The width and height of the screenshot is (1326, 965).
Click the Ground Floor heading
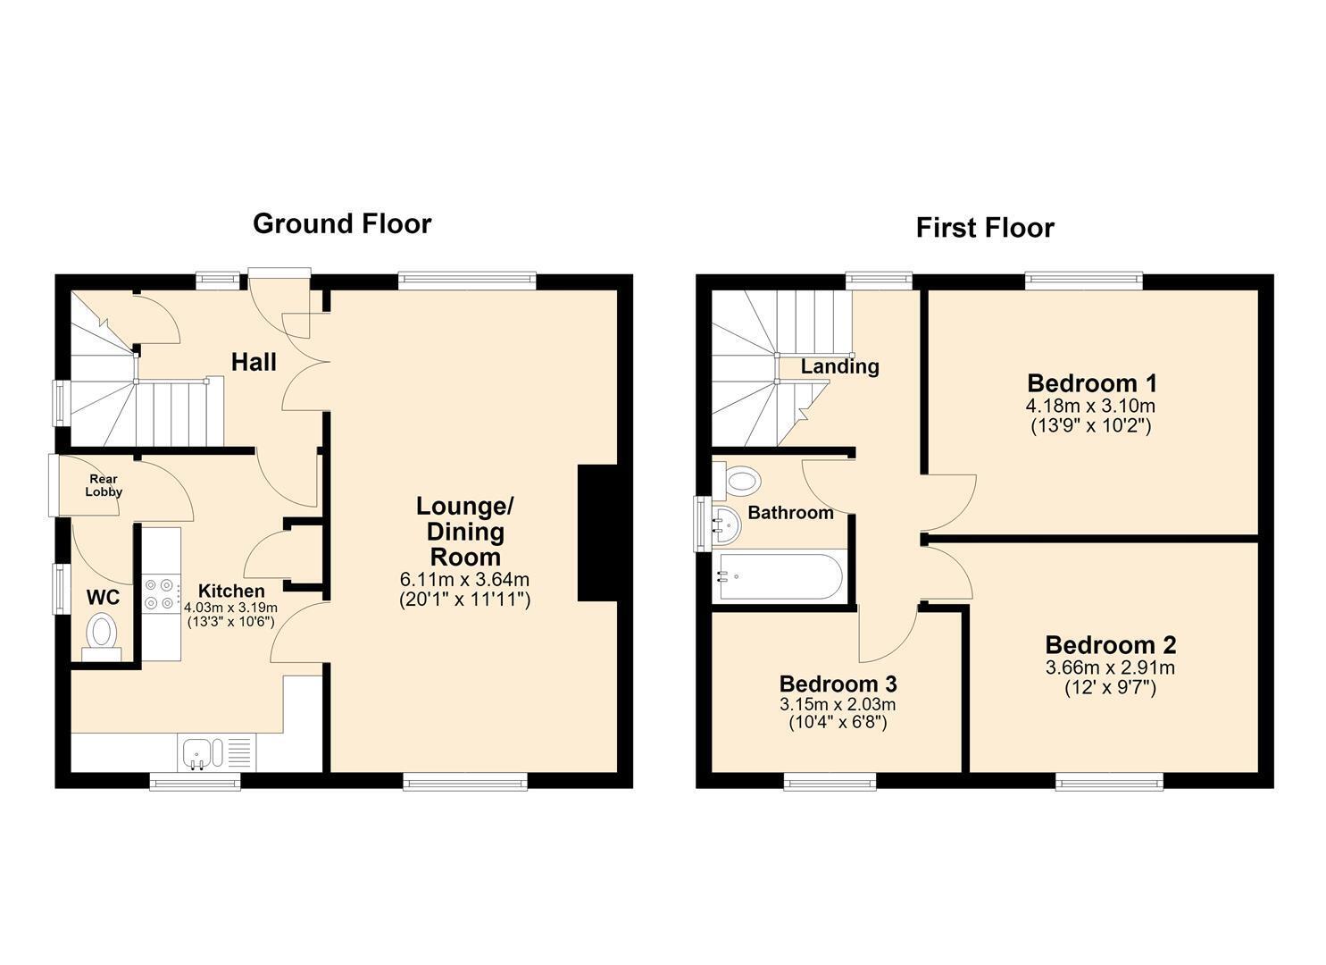[x=342, y=224]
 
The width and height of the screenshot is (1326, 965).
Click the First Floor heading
[x=985, y=228]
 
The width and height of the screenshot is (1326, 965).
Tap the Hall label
[x=254, y=362]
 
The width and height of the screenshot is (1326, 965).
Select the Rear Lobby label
[x=104, y=485]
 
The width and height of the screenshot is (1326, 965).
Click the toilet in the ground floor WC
[x=102, y=637]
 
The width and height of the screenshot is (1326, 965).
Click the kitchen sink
[x=203, y=753]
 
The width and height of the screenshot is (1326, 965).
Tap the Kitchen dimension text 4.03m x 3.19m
[x=231, y=608]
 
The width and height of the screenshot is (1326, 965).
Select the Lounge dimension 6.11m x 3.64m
[x=464, y=579]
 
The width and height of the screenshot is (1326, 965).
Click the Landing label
[x=839, y=366]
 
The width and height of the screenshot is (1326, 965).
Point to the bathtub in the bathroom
[x=779, y=576]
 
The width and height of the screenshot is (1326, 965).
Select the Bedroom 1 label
[x=1092, y=383]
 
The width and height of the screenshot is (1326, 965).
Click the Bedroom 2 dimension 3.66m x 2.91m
[x=1110, y=668]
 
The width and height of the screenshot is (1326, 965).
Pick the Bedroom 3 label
[x=838, y=684]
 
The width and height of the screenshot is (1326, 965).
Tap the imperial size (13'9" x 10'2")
[x=1091, y=426]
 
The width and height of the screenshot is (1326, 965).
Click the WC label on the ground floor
[x=103, y=598]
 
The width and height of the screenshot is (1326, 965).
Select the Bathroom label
[x=790, y=512]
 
